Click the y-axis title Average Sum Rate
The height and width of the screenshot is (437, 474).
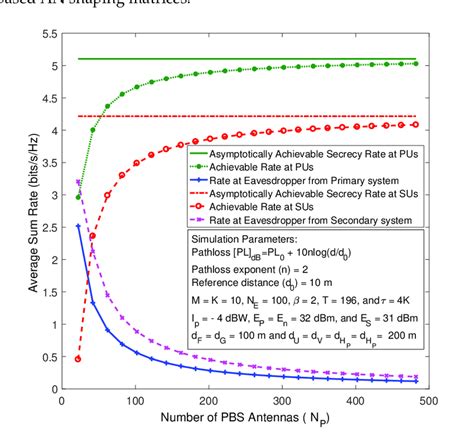point(14,210)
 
